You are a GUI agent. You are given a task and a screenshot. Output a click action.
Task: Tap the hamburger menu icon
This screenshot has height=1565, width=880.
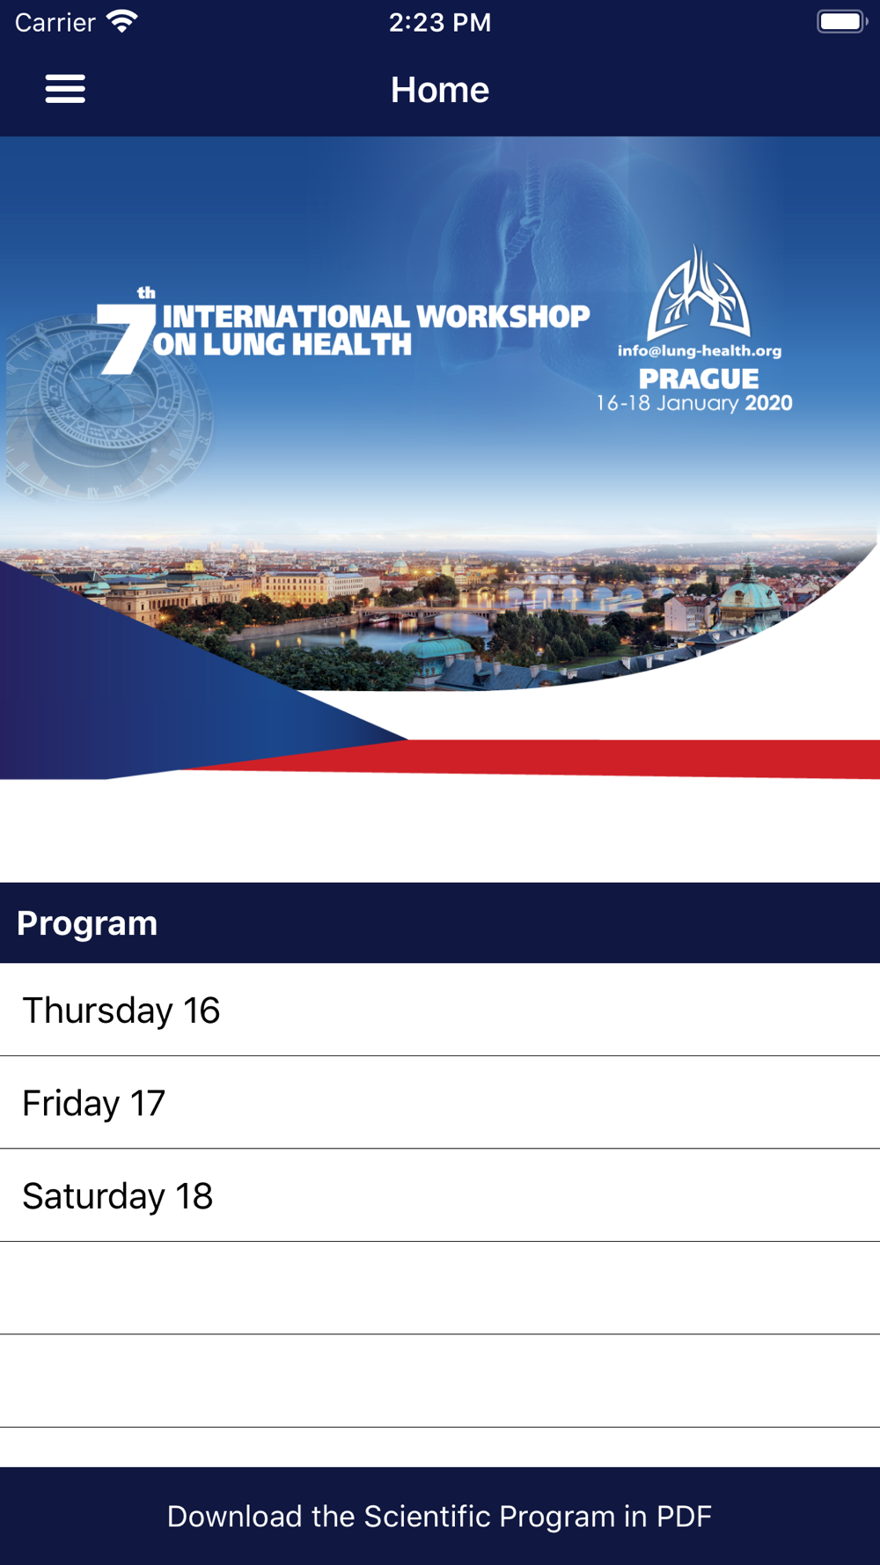point(65,89)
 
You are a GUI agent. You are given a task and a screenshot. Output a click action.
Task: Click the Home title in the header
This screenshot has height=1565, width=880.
point(440,90)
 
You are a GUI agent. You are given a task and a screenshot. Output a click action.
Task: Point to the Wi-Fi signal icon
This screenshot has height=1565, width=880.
point(122,21)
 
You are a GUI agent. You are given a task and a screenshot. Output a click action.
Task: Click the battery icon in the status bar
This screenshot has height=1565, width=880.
point(842,21)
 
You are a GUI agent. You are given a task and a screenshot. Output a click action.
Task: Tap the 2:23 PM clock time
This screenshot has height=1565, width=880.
point(440,22)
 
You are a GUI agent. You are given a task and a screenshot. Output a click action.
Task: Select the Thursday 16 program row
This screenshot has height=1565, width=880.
point(440,1010)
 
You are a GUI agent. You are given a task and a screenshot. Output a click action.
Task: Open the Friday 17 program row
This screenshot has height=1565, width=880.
point(440,1103)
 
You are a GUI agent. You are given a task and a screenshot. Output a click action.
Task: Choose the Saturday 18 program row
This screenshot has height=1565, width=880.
point(440,1195)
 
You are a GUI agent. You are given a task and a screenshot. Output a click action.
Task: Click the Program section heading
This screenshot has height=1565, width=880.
point(87,923)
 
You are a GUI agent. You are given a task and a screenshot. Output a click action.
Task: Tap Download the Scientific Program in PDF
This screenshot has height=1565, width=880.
point(440,1516)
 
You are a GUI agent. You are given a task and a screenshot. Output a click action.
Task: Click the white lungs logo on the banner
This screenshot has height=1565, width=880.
point(699,293)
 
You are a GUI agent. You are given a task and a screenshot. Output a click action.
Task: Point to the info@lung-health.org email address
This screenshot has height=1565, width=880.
point(700,350)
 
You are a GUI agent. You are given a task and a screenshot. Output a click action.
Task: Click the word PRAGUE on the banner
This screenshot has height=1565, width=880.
point(699,378)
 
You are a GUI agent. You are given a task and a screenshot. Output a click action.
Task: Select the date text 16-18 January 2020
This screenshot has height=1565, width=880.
point(694,403)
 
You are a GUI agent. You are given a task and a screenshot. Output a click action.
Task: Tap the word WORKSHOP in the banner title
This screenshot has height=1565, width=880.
point(502,316)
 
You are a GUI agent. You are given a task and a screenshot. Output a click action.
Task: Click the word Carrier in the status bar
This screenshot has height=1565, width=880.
point(55,22)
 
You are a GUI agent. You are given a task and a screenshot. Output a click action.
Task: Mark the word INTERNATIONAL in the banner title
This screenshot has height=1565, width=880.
point(286,316)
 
